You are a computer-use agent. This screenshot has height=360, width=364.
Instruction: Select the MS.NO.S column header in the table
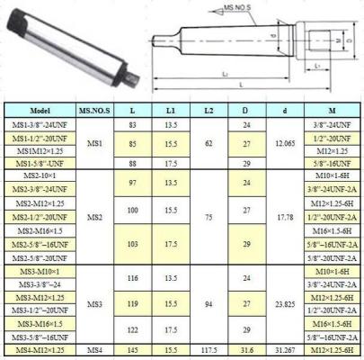[94, 111]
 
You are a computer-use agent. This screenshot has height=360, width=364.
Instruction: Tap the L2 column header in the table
[209, 111]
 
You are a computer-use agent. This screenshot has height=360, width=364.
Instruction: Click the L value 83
[132, 124]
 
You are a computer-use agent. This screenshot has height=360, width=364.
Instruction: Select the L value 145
[132, 348]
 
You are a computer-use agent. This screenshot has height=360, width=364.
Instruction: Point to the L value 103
[132, 243]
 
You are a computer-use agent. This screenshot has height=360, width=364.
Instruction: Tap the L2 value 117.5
[209, 348]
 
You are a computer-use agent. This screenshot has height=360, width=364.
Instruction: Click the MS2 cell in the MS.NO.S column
[94, 217]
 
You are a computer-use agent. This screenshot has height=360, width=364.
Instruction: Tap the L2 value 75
[209, 217]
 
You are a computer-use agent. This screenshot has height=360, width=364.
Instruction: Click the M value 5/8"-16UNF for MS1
[332, 163]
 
